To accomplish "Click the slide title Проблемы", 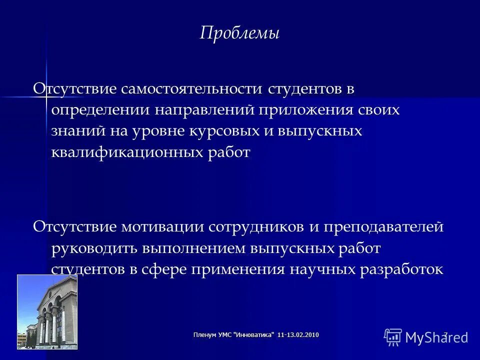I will tap(239, 33).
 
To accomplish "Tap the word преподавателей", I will tap(383, 226).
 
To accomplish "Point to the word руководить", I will tap(95, 248).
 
